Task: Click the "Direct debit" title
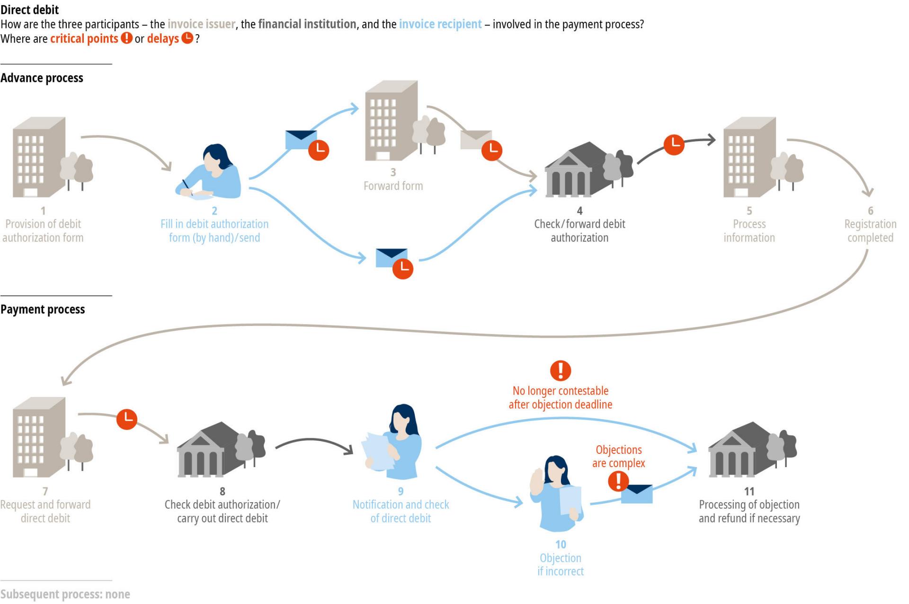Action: (x=30, y=9)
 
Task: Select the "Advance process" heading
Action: (x=42, y=78)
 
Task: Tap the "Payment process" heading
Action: (x=43, y=309)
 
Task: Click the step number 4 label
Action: (x=579, y=210)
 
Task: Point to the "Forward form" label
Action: (x=393, y=186)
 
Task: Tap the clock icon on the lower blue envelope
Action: (x=403, y=269)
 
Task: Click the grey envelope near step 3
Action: (x=476, y=140)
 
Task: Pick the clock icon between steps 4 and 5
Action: (x=674, y=144)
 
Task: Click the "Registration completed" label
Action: (x=870, y=231)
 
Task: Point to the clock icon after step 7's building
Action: (x=127, y=419)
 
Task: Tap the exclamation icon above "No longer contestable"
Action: (x=561, y=370)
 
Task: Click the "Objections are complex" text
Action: (x=618, y=456)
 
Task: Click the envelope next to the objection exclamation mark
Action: (x=637, y=494)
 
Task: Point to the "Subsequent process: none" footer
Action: (x=65, y=594)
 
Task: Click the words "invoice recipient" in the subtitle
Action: (x=440, y=24)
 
